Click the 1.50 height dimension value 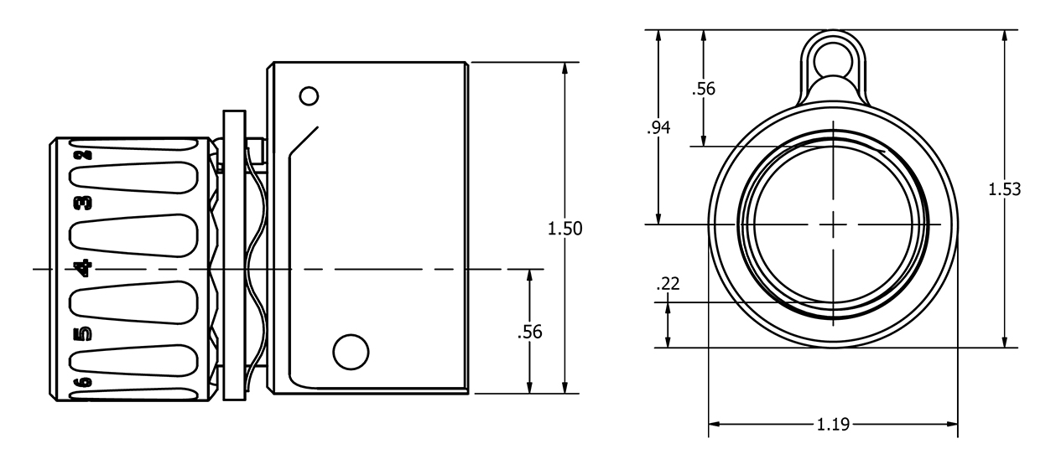tap(564, 229)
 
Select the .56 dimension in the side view tap(530, 332)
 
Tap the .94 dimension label tap(659, 128)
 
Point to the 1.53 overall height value tap(1004, 189)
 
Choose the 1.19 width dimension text tap(833, 425)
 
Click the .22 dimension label tap(668, 285)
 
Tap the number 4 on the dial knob tap(82, 268)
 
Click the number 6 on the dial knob tap(82, 383)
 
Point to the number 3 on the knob tap(82, 204)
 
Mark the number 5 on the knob tap(82, 336)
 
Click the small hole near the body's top tap(309, 96)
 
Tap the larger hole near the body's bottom tap(351, 352)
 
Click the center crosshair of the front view tap(833, 224)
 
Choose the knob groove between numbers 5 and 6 tap(134, 360)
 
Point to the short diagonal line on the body tap(304, 140)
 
